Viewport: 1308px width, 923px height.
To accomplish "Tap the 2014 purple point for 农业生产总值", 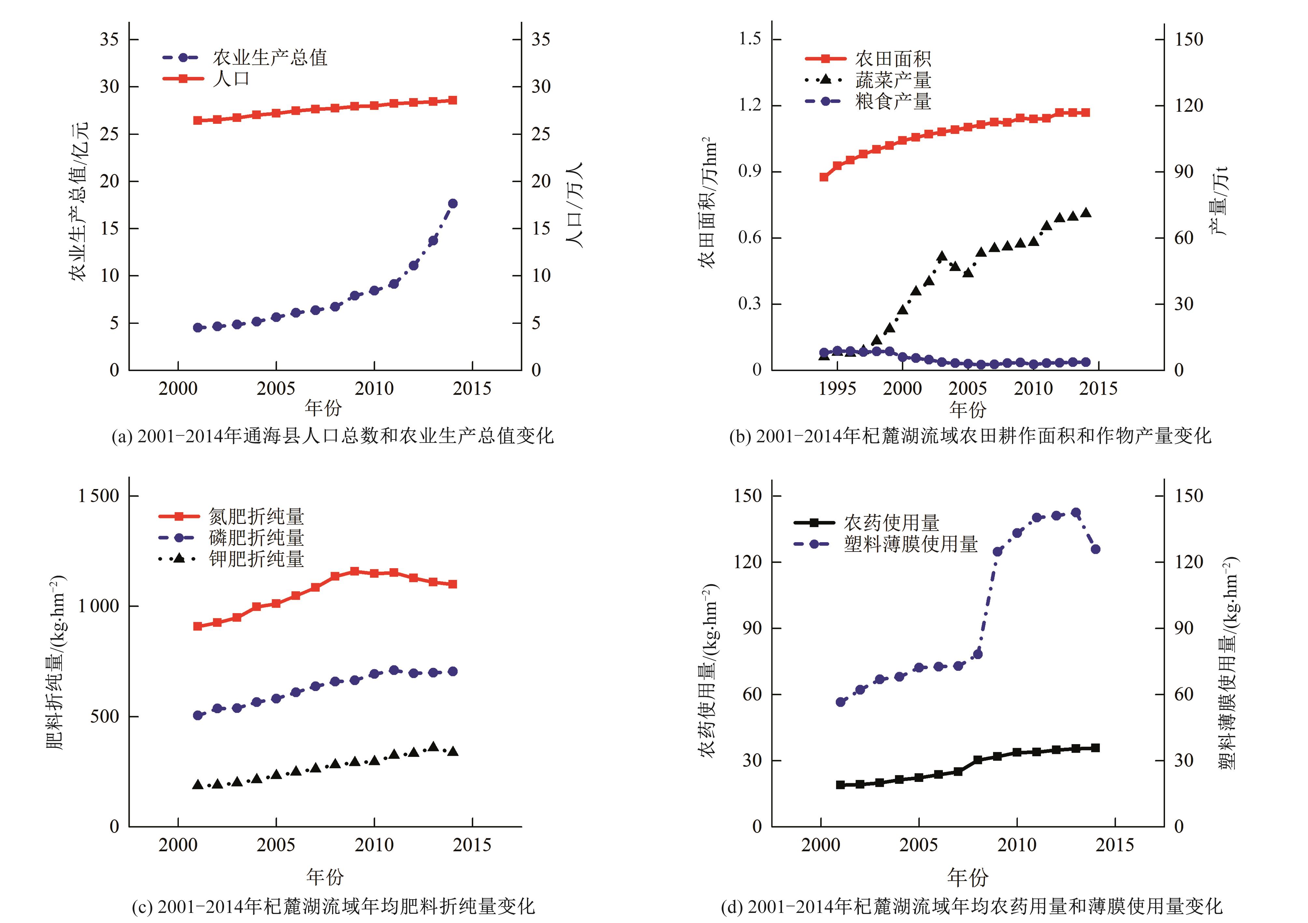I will click(x=453, y=203).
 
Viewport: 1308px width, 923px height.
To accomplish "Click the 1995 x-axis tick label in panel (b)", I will click(x=837, y=389).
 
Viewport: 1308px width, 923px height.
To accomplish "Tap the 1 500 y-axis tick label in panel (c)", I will click(x=98, y=496).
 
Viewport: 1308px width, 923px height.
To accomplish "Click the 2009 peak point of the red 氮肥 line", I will click(x=354, y=571).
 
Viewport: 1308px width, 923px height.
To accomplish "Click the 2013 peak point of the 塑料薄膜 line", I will click(x=1075, y=513).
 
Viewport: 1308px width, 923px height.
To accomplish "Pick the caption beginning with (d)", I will click(x=971, y=906).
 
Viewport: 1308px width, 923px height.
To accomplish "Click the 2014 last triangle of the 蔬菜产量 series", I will click(x=1086, y=212).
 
